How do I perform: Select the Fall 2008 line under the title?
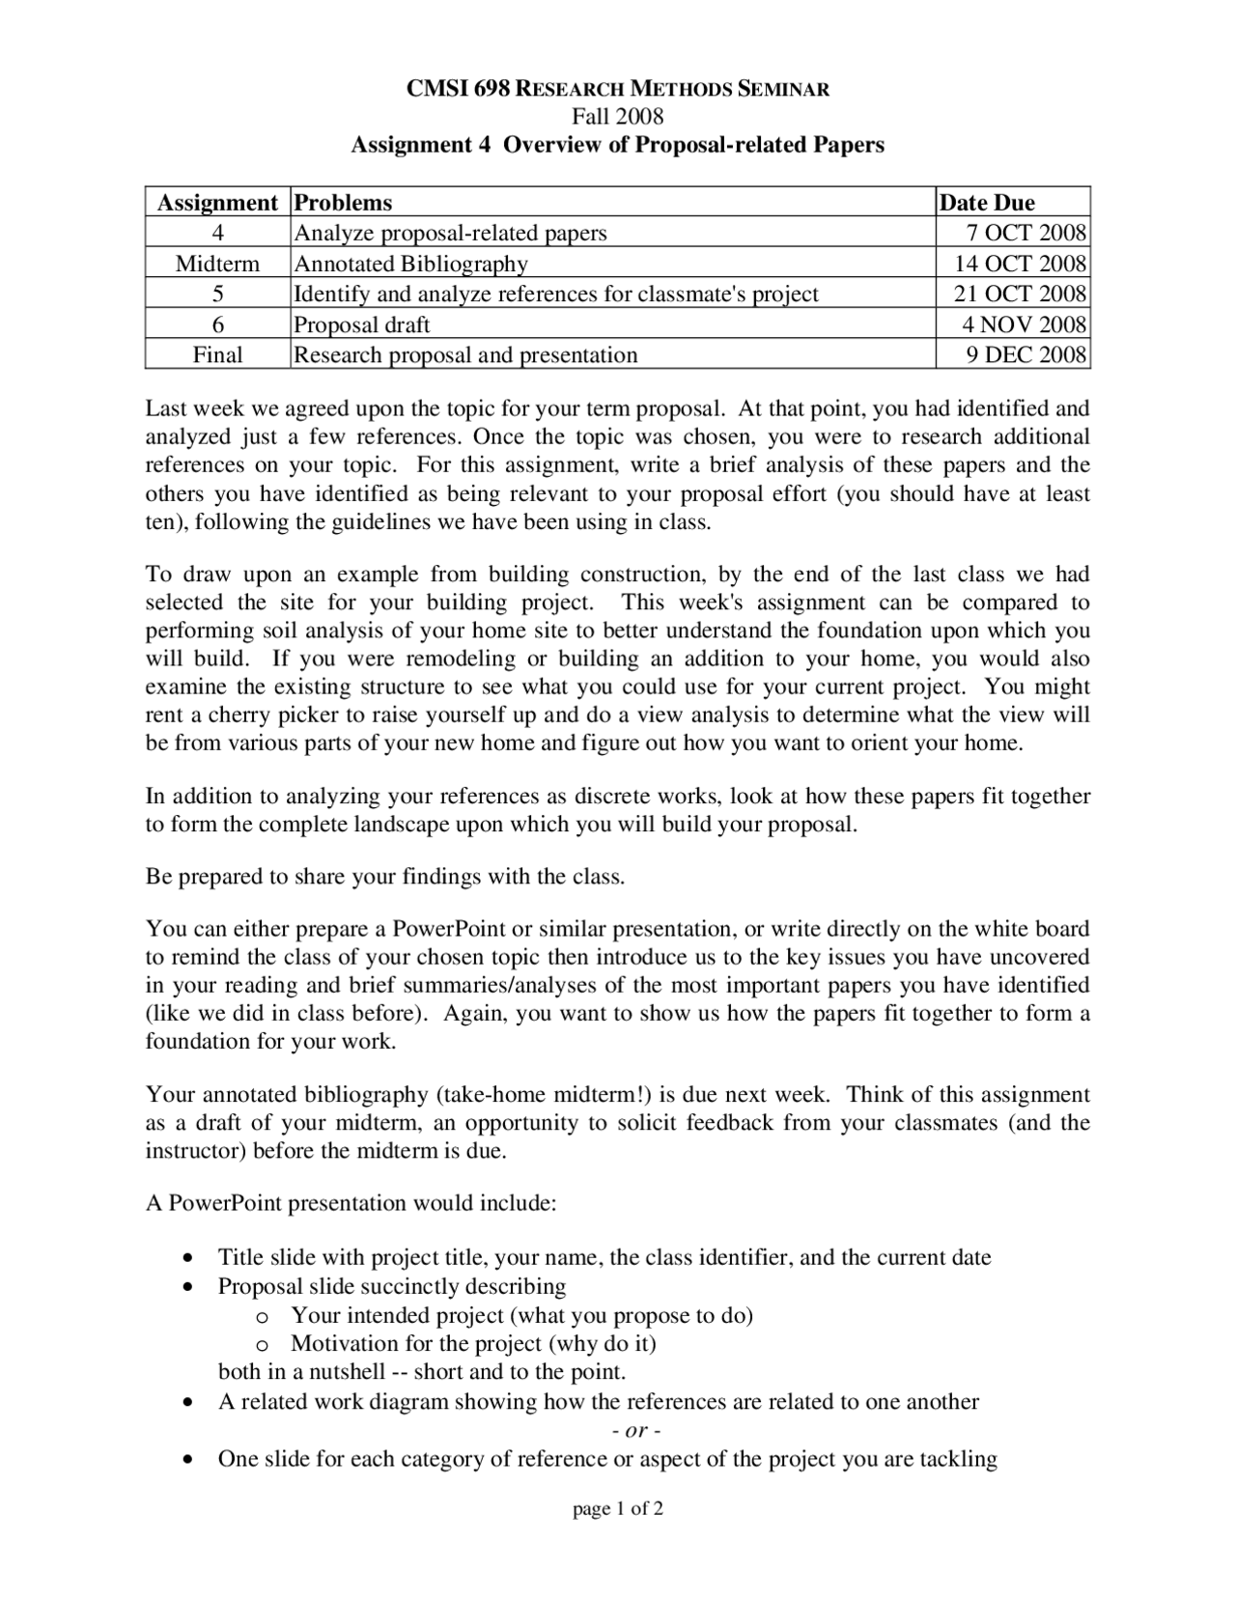click(x=617, y=117)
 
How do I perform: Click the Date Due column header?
click(x=986, y=203)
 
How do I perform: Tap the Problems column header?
click(x=343, y=203)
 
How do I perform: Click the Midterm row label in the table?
click(x=217, y=264)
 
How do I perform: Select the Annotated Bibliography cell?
click(x=410, y=264)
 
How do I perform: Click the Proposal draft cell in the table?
click(x=361, y=324)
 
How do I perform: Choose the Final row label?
click(x=217, y=354)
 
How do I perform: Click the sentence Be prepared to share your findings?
click(x=385, y=877)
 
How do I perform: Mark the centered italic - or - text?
click(x=636, y=1430)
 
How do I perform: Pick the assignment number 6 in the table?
click(x=217, y=324)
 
